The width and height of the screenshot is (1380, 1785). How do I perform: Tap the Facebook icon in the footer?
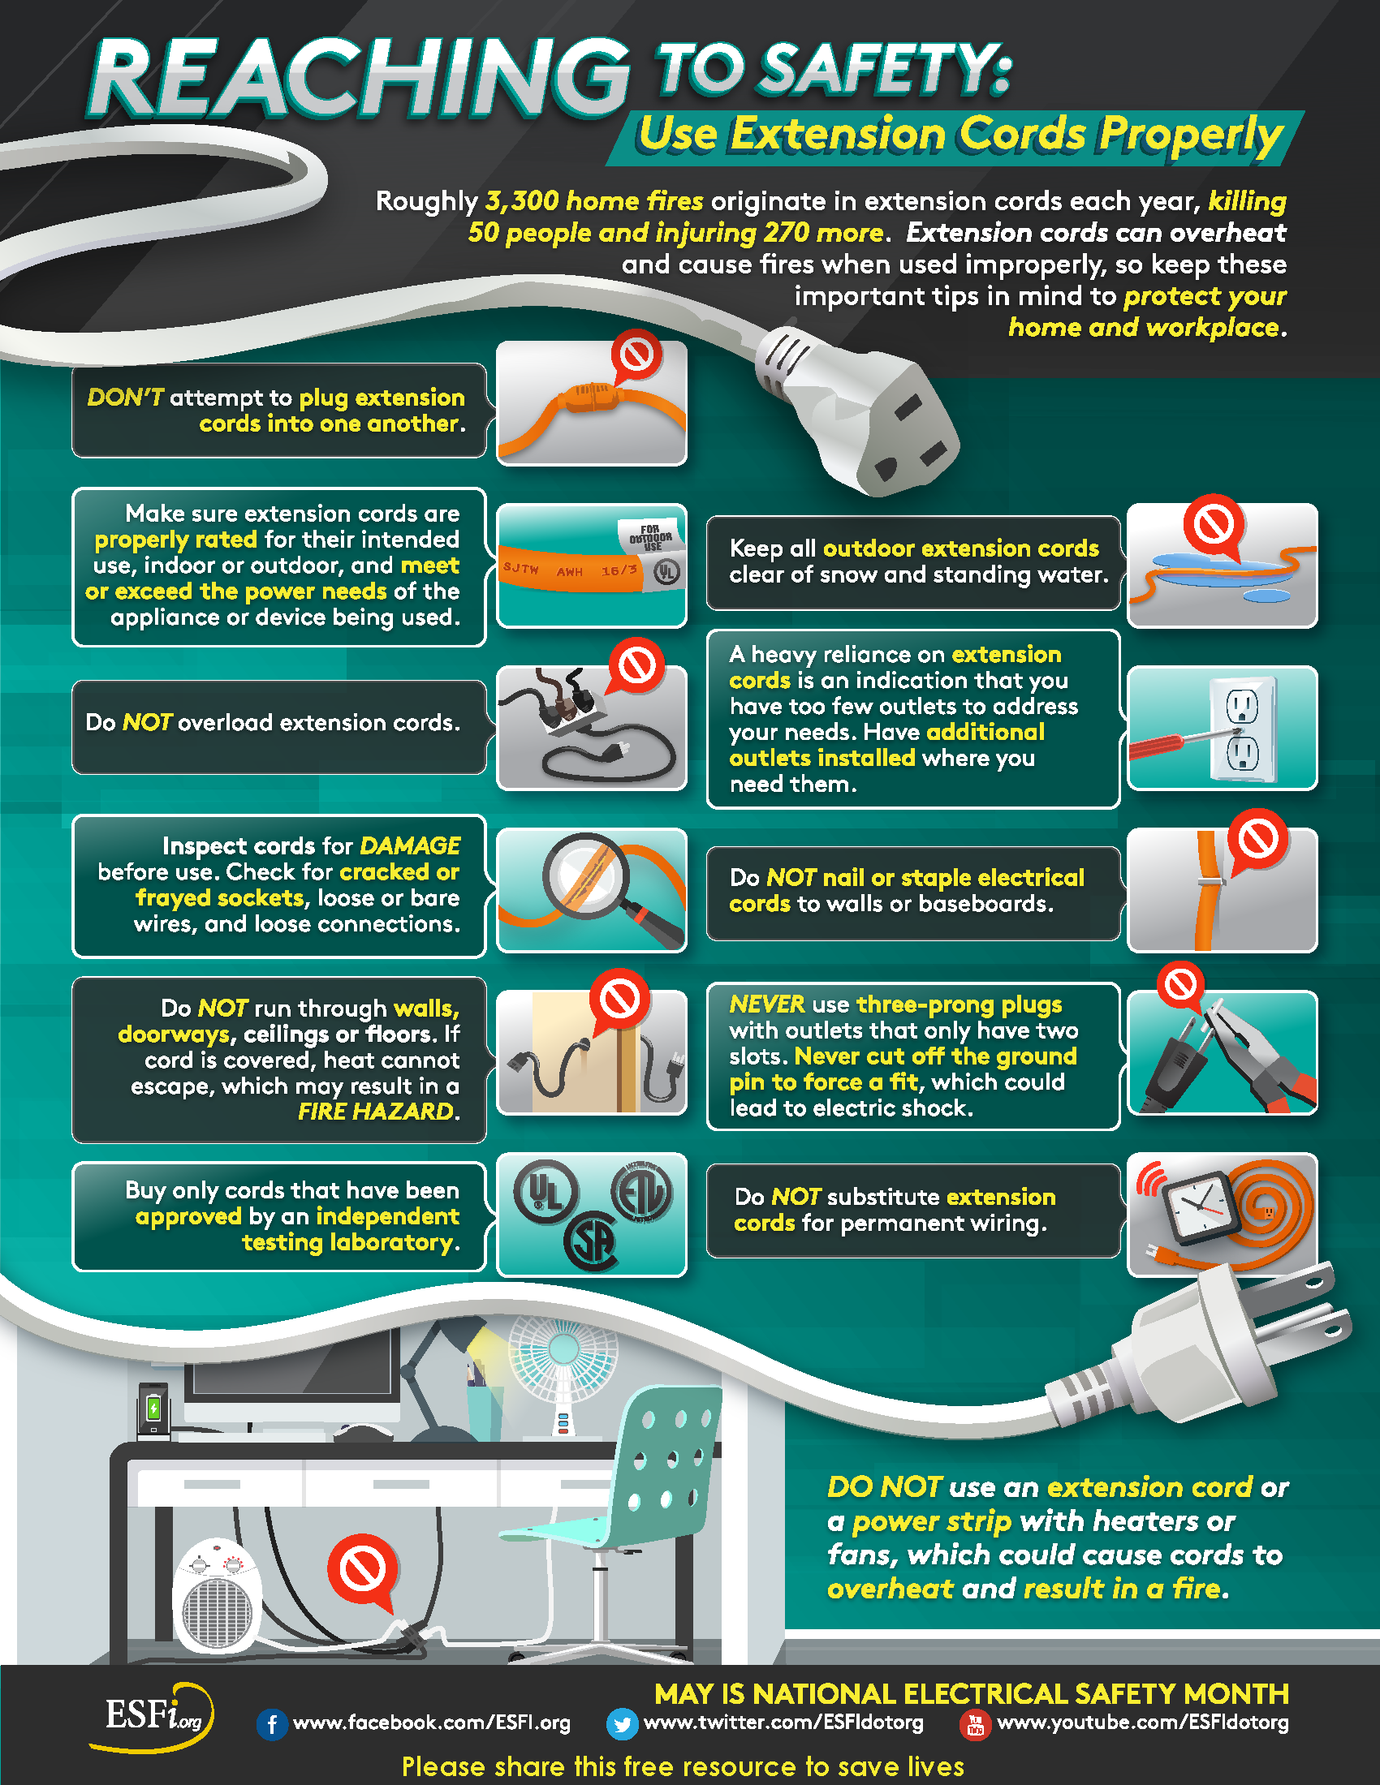[271, 1724]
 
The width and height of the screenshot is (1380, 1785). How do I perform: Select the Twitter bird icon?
[622, 1724]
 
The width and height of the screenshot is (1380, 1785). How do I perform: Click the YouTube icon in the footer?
[974, 1724]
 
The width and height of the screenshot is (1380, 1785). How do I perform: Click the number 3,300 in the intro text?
[523, 201]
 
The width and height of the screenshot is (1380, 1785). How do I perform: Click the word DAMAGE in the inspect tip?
[410, 845]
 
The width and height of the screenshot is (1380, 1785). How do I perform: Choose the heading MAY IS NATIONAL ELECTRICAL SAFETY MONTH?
[971, 1693]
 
